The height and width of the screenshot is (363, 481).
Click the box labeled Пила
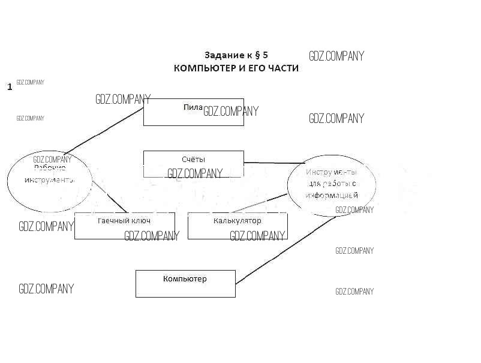[193, 112]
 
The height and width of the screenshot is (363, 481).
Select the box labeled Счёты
[193, 163]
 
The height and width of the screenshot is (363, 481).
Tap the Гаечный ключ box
[124, 226]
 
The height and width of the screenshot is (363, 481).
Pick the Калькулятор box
[238, 226]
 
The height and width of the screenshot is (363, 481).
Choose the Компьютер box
[185, 284]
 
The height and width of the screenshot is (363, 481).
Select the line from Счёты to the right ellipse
[273, 163]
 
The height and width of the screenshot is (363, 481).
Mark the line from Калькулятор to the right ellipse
[258, 203]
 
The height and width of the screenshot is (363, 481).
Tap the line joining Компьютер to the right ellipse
[285, 250]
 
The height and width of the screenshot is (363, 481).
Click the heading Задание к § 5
[236, 55]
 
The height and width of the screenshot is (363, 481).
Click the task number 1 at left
[10, 87]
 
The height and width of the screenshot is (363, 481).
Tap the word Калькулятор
[238, 221]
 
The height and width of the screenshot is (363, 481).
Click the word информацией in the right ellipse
[331, 196]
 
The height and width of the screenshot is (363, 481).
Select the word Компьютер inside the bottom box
[185, 279]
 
